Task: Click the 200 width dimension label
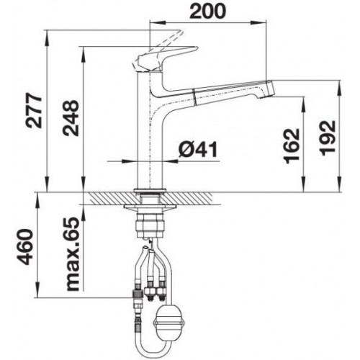pyautogui.click(x=207, y=12)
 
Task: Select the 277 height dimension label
pyautogui.click(x=34, y=110)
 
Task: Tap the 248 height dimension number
pyautogui.click(x=71, y=118)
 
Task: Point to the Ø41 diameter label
pyautogui.click(x=198, y=149)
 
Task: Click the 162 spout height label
pyautogui.click(x=292, y=146)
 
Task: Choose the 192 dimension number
pyautogui.click(x=328, y=138)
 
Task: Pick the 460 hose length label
pyautogui.click(x=26, y=247)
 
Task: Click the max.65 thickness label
pyautogui.click(x=72, y=254)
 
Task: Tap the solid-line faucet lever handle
pyautogui.click(x=166, y=59)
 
